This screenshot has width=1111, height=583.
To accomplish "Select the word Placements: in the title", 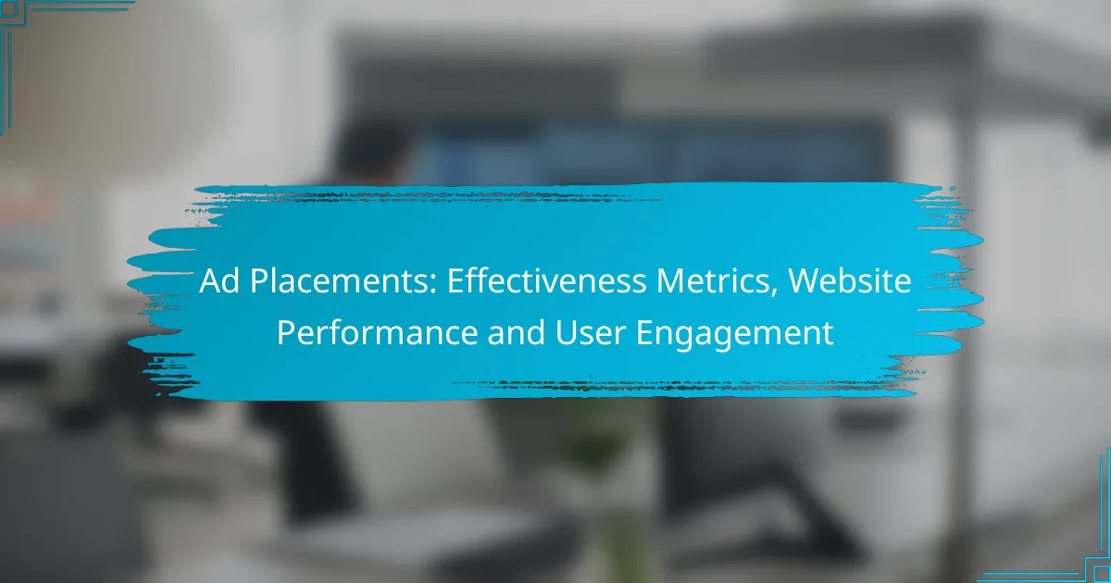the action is [x=343, y=281].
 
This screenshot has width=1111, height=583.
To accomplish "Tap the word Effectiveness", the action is [x=546, y=281].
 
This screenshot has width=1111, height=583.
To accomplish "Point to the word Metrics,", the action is [x=718, y=282].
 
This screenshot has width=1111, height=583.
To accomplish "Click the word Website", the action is [x=850, y=281].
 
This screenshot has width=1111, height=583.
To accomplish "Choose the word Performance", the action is [x=377, y=332].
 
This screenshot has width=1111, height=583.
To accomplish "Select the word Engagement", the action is [x=734, y=335].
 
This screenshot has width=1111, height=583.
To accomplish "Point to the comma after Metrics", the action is [x=773, y=292].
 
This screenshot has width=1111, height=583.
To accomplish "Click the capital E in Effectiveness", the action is [x=456, y=281].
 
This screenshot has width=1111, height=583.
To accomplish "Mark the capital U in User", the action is [x=566, y=333].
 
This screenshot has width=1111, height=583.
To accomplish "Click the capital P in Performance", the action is [x=286, y=333].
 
